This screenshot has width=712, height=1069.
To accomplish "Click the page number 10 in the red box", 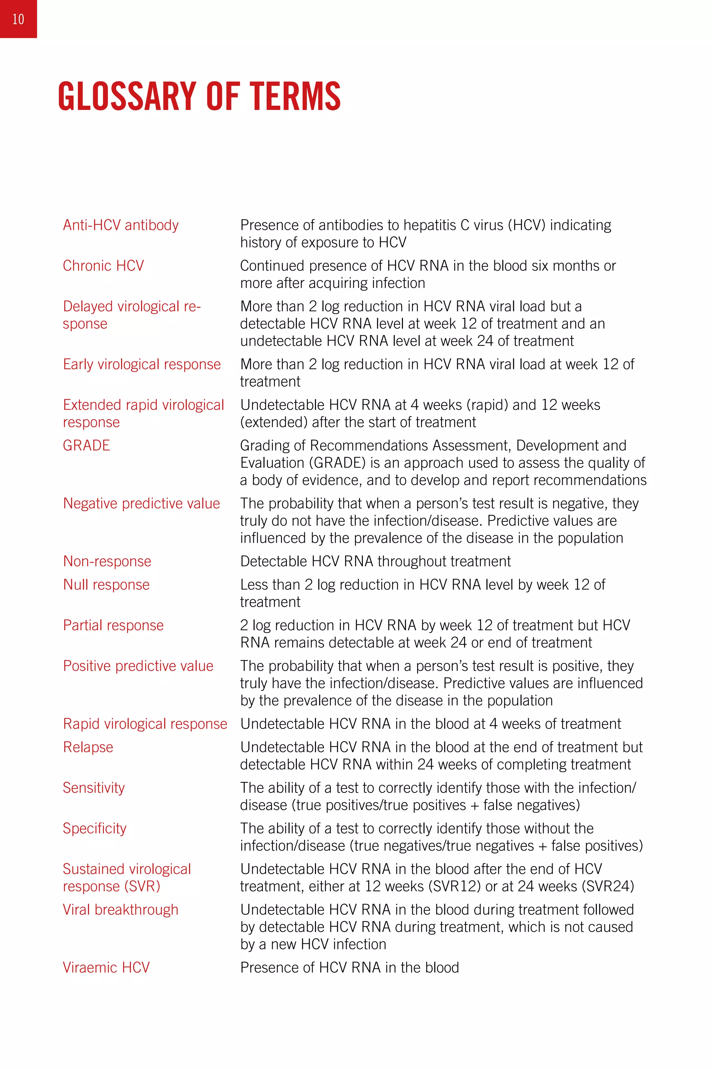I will coord(18,19).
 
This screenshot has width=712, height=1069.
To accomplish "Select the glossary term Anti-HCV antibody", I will coord(120,225).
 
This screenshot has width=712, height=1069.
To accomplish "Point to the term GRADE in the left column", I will coord(86,446).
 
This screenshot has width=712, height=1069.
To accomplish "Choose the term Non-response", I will coord(107,561).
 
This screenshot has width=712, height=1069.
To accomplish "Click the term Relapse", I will coord(88,747).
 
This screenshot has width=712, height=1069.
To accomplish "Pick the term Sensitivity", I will coord(94,788).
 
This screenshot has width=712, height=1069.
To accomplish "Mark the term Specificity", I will coord(95,829).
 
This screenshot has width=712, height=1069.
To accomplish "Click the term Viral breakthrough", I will coord(120,910).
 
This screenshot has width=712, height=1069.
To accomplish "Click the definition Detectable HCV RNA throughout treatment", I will coord(375,561).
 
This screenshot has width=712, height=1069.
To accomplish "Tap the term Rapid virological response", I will coord(145,724).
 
